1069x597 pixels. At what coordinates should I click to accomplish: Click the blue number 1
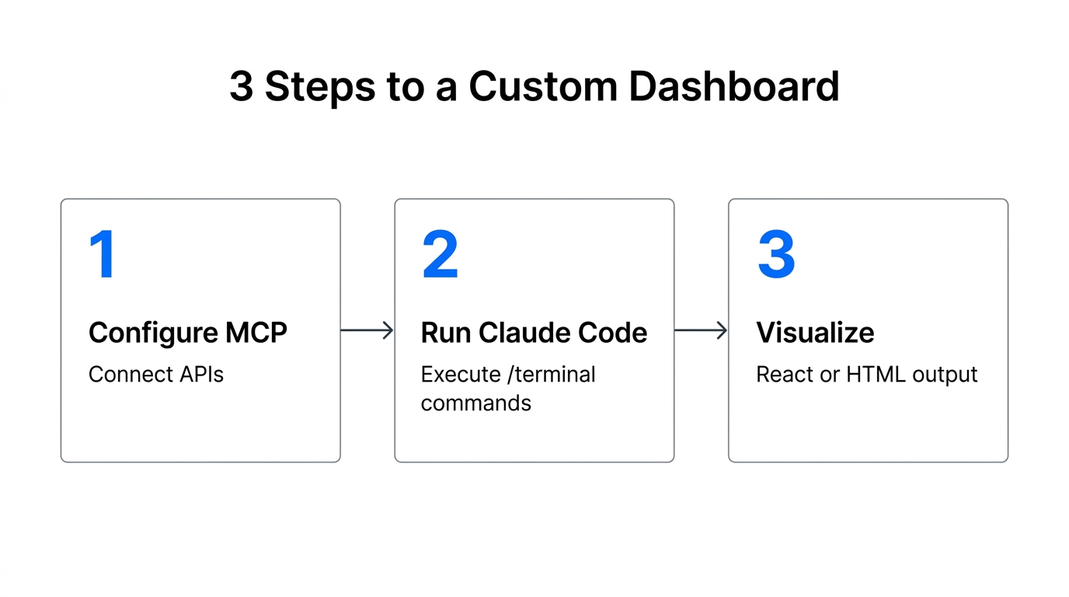[103, 255]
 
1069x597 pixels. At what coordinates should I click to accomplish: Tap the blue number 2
[440, 255]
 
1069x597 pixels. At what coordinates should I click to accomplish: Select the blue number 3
[776, 255]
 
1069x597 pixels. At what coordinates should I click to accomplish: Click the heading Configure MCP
[188, 333]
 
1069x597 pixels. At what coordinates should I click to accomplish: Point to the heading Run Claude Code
[534, 333]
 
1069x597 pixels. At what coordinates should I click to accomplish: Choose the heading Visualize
[815, 333]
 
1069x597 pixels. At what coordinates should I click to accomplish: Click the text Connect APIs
[156, 375]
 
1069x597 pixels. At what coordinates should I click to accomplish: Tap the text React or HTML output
[866, 375]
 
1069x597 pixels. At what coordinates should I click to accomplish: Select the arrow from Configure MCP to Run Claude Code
[367, 330]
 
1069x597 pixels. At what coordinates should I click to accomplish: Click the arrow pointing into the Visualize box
[701, 330]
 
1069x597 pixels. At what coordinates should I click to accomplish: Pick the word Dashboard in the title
[733, 86]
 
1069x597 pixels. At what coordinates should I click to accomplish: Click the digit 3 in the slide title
[241, 86]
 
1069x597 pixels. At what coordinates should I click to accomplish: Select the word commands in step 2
[475, 403]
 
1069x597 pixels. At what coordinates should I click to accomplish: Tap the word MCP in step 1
[256, 333]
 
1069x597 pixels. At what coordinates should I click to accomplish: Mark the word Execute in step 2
[461, 375]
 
